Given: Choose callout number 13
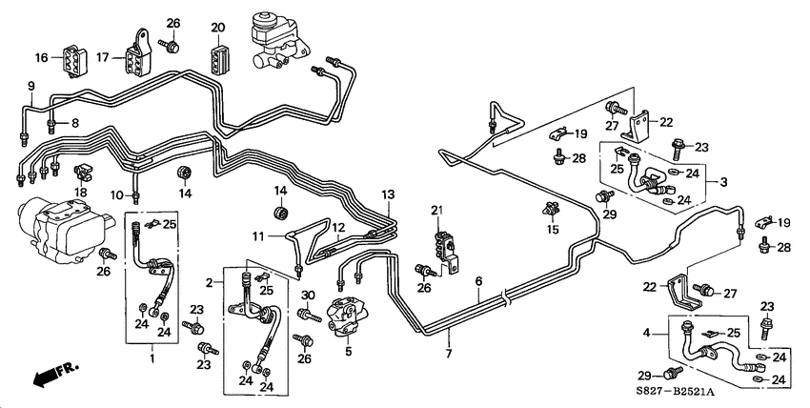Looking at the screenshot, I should pyautogui.click(x=386, y=194).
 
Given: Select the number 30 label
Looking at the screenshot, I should pyautogui.click(x=308, y=295).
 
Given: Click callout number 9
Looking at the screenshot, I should pyautogui.click(x=30, y=87).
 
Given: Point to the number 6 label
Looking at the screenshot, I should pyautogui.click(x=478, y=282).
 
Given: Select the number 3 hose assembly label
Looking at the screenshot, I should pyautogui.click(x=723, y=181).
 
